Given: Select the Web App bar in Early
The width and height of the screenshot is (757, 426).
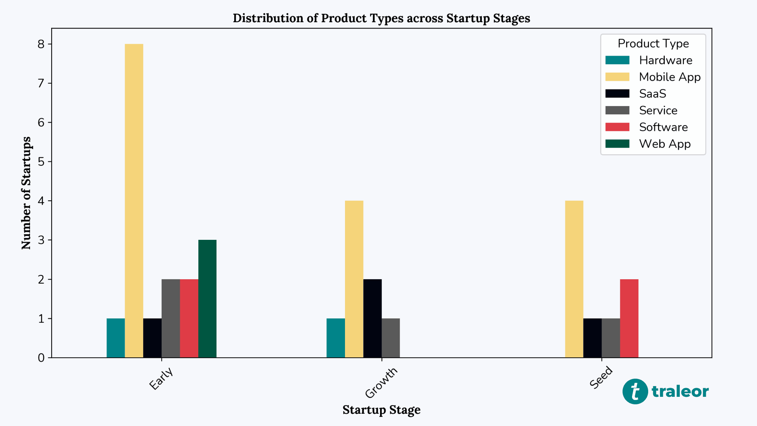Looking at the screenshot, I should (x=207, y=299).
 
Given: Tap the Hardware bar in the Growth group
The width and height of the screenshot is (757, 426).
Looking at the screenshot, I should (x=336, y=338).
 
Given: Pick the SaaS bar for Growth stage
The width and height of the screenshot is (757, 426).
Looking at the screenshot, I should (x=372, y=318).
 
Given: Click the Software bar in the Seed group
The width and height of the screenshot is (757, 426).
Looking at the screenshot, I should (x=629, y=318).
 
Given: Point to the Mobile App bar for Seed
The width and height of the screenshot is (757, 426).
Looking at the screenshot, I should (x=574, y=279).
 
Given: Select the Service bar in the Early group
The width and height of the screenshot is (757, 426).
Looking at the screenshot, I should (x=171, y=318).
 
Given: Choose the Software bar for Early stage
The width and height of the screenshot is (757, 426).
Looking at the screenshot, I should (x=189, y=318).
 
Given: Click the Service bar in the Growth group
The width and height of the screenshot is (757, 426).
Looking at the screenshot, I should (x=391, y=338).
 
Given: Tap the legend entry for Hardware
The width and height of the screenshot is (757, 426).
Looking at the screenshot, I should (x=665, y=60).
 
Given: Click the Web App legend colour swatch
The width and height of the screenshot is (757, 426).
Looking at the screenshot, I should (x=617, y=144).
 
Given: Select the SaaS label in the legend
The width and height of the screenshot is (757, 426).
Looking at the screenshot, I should (x=653, y=94).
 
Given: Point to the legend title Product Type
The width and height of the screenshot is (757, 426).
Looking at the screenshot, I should (x=653, y=43).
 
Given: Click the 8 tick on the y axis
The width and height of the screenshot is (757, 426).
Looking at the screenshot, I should (x=41, y=44).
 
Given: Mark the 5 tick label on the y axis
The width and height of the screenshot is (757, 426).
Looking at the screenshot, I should (x=41, y=162).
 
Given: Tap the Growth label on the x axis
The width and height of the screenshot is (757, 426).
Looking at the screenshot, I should (x=381, y=383).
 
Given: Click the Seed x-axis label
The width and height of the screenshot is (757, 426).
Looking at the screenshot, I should (x=601, y=377).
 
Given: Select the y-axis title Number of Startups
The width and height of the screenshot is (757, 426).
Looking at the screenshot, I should (x=26, y=193).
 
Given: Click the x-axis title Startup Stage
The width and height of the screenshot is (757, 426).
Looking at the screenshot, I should (x=381, y=410).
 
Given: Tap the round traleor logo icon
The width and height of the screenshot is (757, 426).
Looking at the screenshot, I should (x=635, y=391).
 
